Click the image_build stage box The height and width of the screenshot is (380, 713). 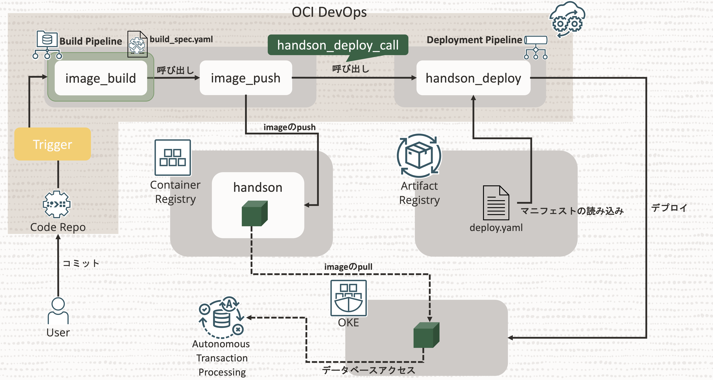point(101,78)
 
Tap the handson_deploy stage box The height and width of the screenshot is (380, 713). point(473,78)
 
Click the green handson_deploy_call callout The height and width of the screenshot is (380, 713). point(338,45)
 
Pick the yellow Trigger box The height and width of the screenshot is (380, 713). point(53,144)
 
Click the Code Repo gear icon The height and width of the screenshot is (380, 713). point(57,204)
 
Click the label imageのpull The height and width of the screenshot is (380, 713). point(348,267)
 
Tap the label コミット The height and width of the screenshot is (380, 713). point(81,263)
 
